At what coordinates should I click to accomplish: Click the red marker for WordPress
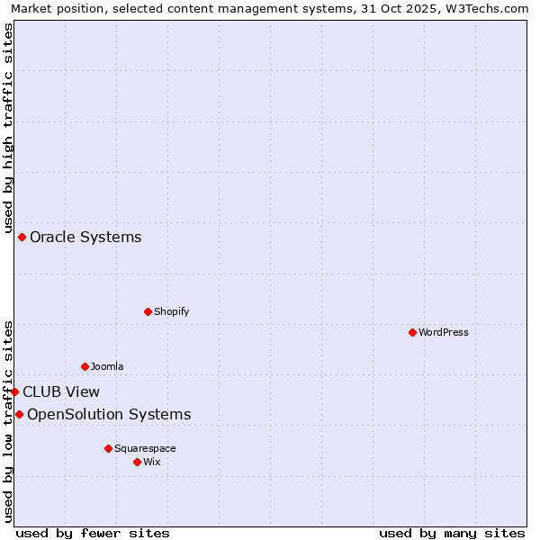pyautogui.click(x=412, y=332)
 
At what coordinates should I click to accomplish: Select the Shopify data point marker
pyautogui.click(x=148, y=311)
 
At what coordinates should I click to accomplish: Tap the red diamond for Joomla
pyautogui.click(x=85, y=366)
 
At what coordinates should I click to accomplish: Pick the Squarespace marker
pyautogui.click(x=108, y=448)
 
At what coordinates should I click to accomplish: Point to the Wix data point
pyautogui.click(x=137, y=462)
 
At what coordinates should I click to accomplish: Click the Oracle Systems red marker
pyautogui.click(x=22, y=237)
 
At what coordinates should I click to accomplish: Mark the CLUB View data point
pyautogui.click(x=14, y=391)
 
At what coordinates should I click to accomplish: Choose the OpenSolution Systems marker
pyautogui.click(x=19, y=414)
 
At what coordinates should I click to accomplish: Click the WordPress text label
pyautogui.click(x=444, y=332)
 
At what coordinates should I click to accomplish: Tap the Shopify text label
pyautogui.click(x=171, y=311)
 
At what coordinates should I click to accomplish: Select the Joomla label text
pyautogui.click(x=107, y=366)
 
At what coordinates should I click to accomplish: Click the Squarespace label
pyautogui.click(x=145, y=448)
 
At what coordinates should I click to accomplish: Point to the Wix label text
pyautogui.click(x=152, y=462)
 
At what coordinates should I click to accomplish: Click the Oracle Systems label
pyautogui.click(x=85, y=238)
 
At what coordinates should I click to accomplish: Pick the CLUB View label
pyautogui.click(x=61, y=392)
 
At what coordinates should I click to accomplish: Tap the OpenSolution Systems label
pyautogui.click(x=109, y=415)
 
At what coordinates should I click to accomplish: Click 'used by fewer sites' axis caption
pyautogui.click(x=93, y=533)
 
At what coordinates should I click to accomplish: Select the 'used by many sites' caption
pyautogui.click(x=452, y=533)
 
